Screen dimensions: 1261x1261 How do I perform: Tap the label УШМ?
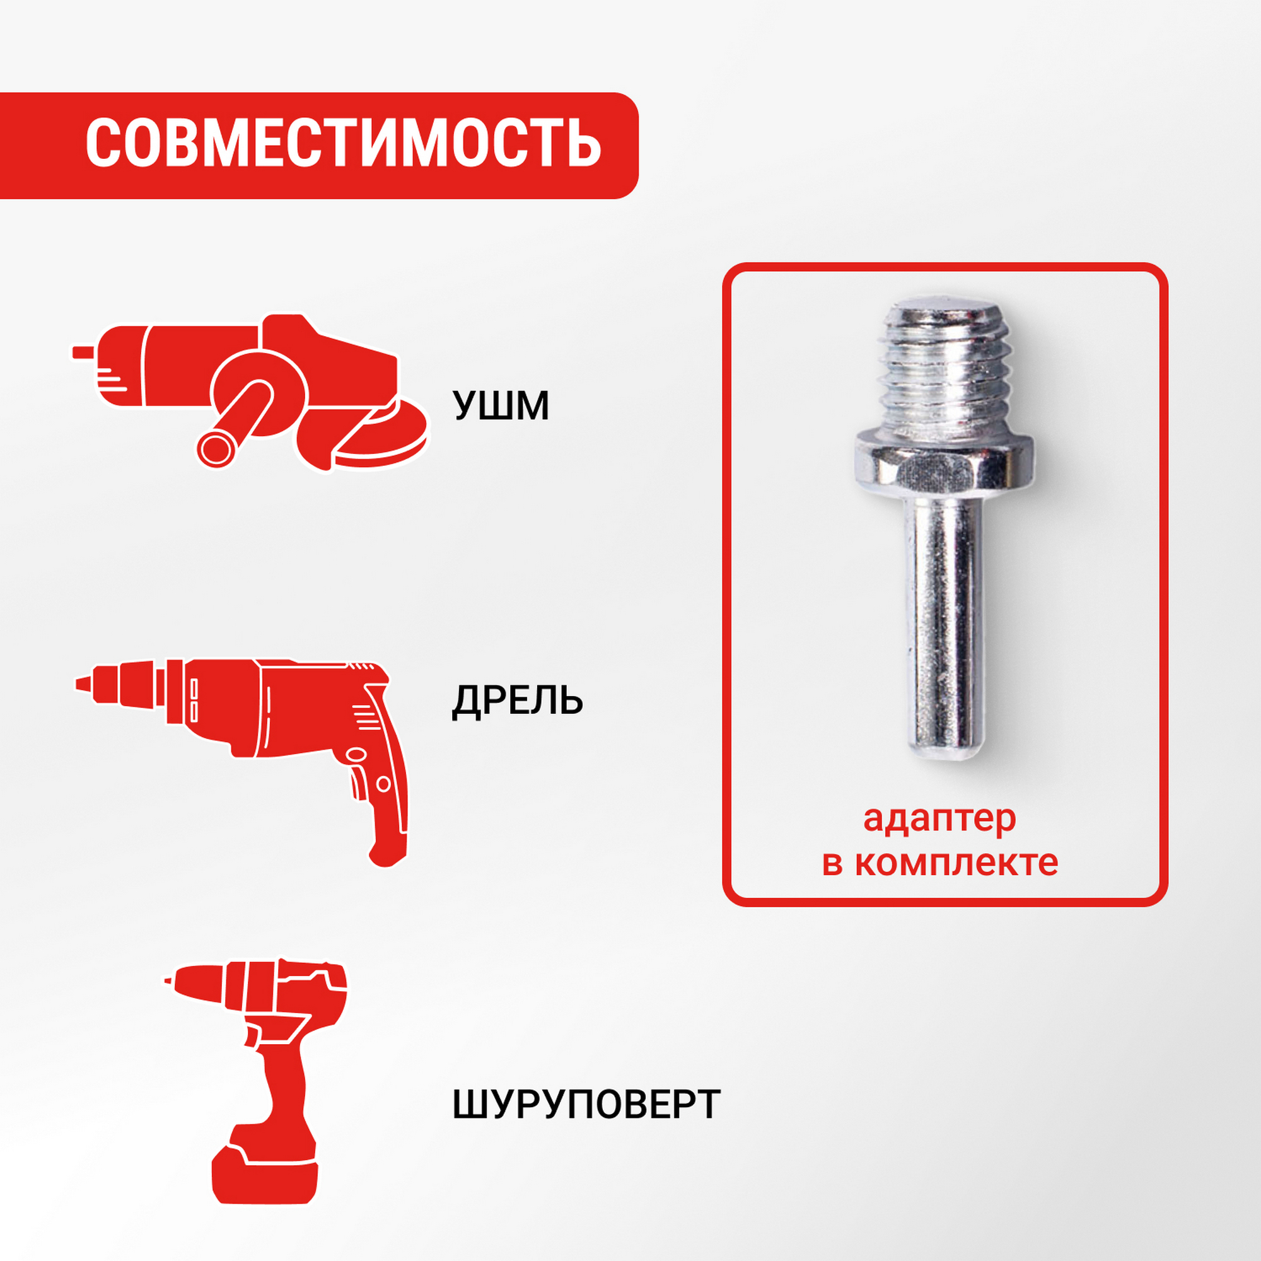[501, 406]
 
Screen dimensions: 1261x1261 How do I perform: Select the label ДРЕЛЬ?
[518, 701]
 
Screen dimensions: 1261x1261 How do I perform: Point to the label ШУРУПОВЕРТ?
[586, 1105]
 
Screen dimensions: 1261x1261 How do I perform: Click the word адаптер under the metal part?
[940, 819]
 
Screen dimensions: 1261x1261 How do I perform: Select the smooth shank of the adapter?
[943, 620]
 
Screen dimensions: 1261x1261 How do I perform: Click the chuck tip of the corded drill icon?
[84, 683]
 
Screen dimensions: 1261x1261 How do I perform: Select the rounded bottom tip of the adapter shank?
[943, 750]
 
